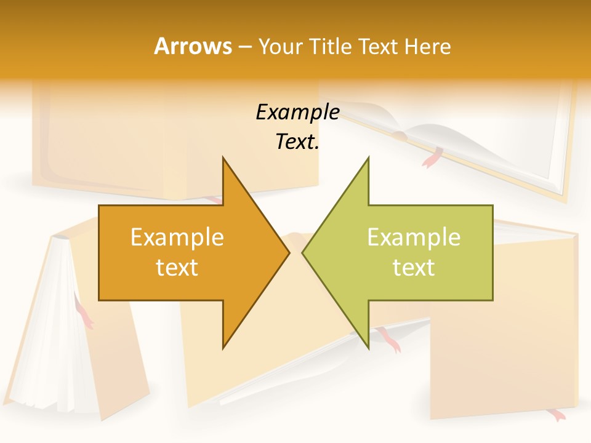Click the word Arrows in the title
193,46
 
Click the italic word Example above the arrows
297,112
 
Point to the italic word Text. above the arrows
297,142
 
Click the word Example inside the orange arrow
177,237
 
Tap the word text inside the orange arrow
177,267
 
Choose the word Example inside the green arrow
414,237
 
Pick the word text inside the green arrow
414,267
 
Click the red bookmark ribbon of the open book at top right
431,158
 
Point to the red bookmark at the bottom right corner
557,415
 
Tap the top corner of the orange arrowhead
223,159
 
